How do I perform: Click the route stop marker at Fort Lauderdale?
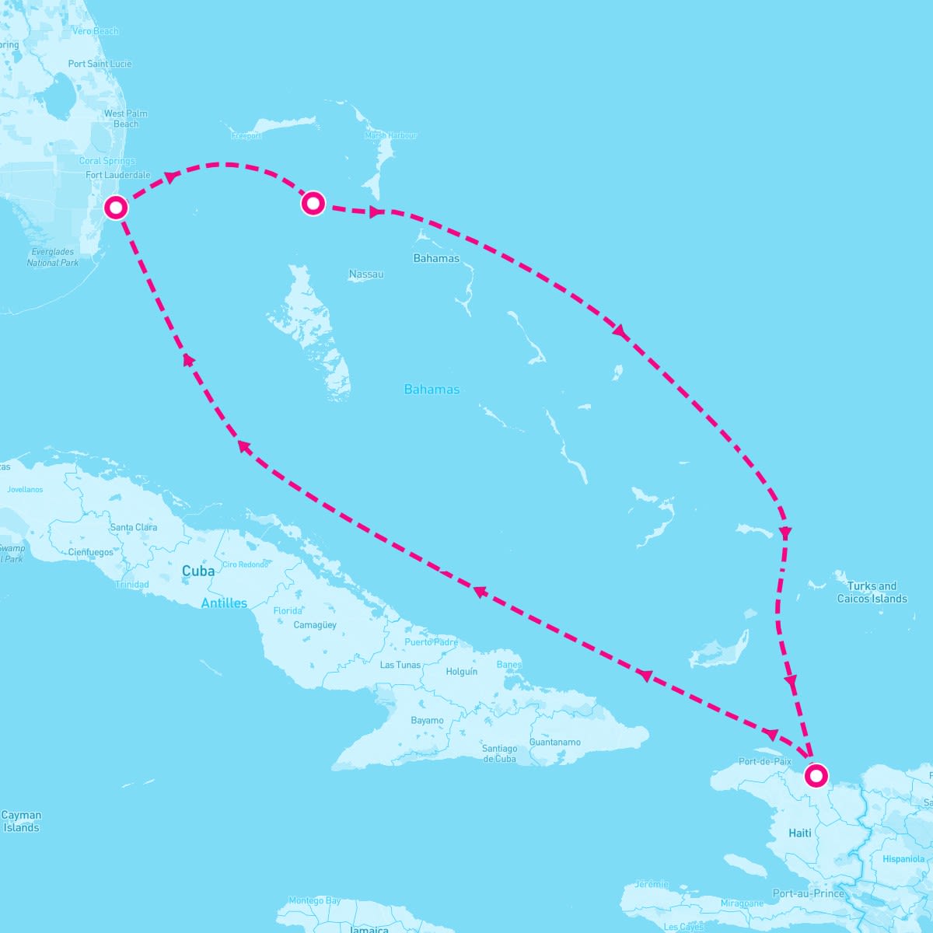[x=116, y=208]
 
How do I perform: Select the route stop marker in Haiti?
[x=816, y=775]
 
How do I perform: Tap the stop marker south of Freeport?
[x=313, y=203]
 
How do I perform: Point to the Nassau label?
[x=366, y=274]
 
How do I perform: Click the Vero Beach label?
[x=95, y=31]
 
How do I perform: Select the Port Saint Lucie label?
[x=100, y=64]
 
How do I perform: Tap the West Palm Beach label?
[x=125, y=118]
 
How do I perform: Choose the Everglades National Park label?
[x=53, y=257]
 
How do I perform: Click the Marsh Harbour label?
[x=390, y=135]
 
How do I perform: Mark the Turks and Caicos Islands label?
[x=872, y=592]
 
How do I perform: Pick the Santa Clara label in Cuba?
[x=134, y=527]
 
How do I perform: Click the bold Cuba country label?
[x=198, y=571]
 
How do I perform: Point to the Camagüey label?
[x=315, y=625]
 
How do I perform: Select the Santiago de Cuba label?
[x=499, y=753]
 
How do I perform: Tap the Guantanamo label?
[x=555, y=742]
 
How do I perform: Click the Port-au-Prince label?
[x=809, y=893]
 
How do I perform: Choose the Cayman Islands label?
[x=21, y=821]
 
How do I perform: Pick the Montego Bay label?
[x=314, y=901]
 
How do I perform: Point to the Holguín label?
[x=462, y=671]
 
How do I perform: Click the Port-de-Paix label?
[x=765, y=761]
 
